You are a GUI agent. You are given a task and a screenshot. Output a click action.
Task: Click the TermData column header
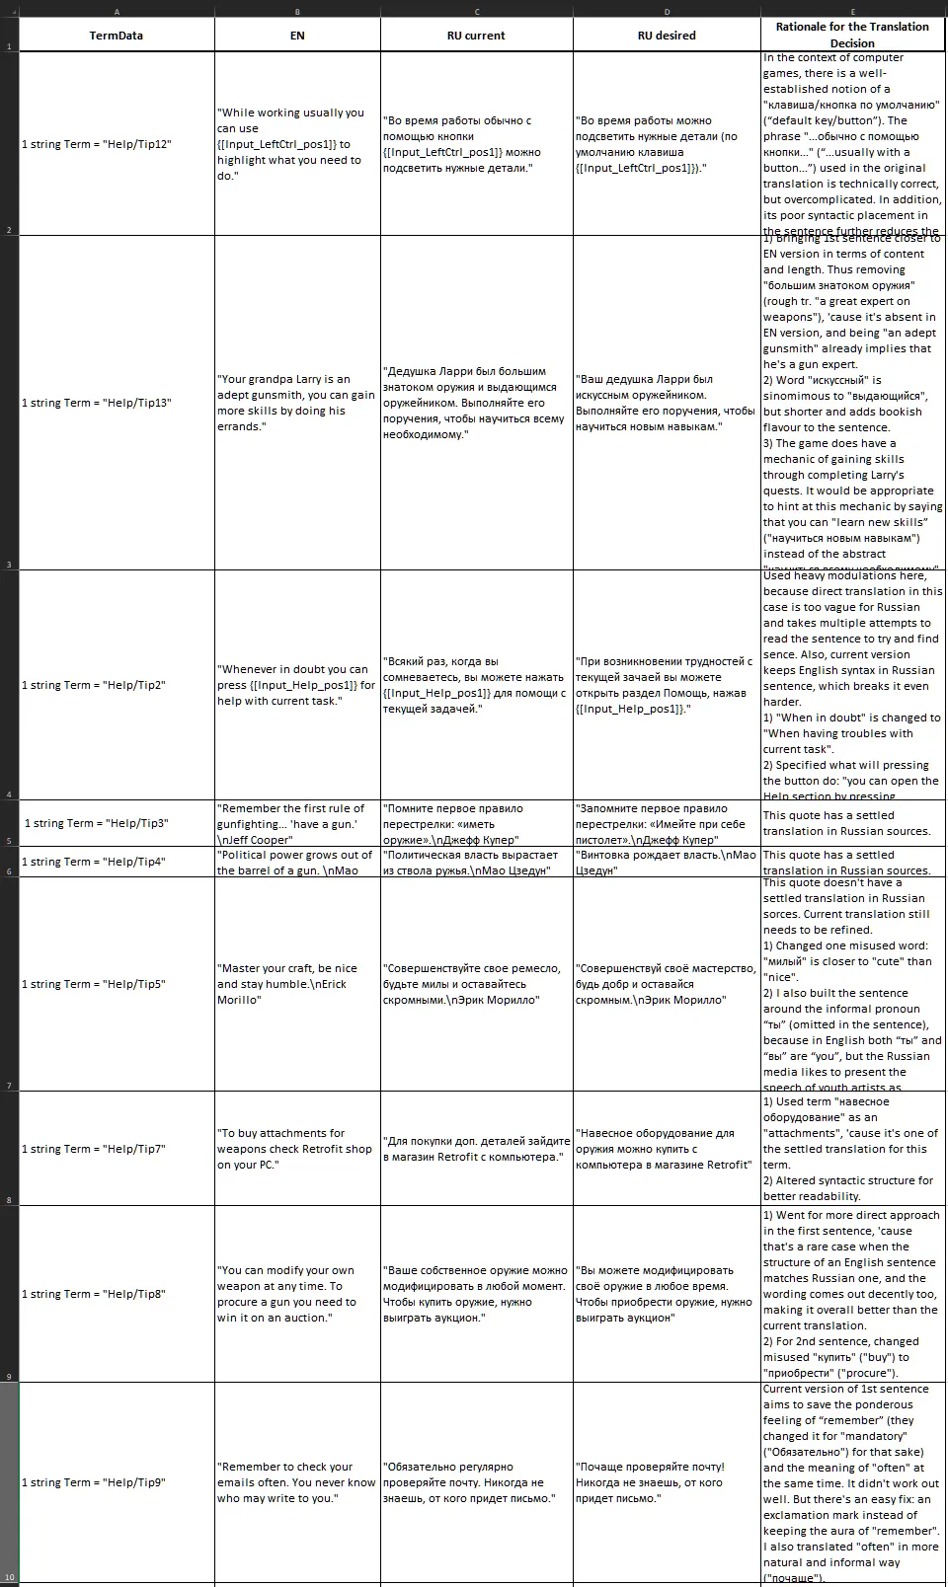117,36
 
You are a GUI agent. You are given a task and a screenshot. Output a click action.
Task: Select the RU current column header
476,36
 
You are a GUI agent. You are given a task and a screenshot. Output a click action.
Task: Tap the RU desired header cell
667,36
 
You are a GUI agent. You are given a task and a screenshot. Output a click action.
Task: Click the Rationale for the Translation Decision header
852,35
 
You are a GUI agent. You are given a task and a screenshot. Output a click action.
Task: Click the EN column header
297,36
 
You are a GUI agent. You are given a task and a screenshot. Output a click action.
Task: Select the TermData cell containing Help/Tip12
117,144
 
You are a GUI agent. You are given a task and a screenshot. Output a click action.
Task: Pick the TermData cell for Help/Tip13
117,403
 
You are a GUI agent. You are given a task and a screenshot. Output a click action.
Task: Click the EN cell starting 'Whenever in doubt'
297,685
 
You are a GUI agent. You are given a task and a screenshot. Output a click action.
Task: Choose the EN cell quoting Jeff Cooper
297,823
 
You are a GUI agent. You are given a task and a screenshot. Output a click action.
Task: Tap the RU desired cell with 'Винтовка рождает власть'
667,862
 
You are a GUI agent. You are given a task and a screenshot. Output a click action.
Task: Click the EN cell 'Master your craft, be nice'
297,984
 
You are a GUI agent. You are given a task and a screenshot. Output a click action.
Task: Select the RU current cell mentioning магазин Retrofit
476,1149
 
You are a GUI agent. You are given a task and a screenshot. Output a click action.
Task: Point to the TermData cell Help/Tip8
117,1294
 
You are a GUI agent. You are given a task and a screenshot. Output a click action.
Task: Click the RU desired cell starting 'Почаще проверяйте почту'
667,1482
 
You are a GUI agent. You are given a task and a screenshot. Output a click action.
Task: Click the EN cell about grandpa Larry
297,403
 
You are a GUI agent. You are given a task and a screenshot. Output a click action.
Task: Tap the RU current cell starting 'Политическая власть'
476,862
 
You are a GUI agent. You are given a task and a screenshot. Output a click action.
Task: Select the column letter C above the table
476,12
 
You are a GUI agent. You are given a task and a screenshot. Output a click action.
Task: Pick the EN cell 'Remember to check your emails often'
297,1482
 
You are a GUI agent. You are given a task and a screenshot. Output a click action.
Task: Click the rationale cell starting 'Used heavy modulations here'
852,685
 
